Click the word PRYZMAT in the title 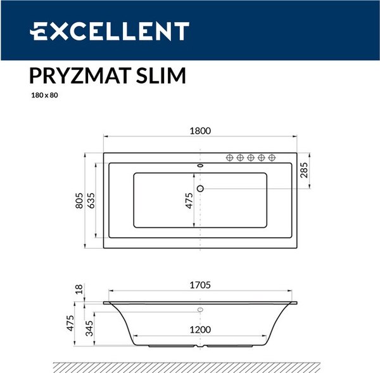click(79, 75)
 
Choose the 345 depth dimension click(91, 328)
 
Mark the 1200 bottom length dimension click(199, 330)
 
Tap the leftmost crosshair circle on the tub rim click(231, 157)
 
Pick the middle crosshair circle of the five click(251, 157)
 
